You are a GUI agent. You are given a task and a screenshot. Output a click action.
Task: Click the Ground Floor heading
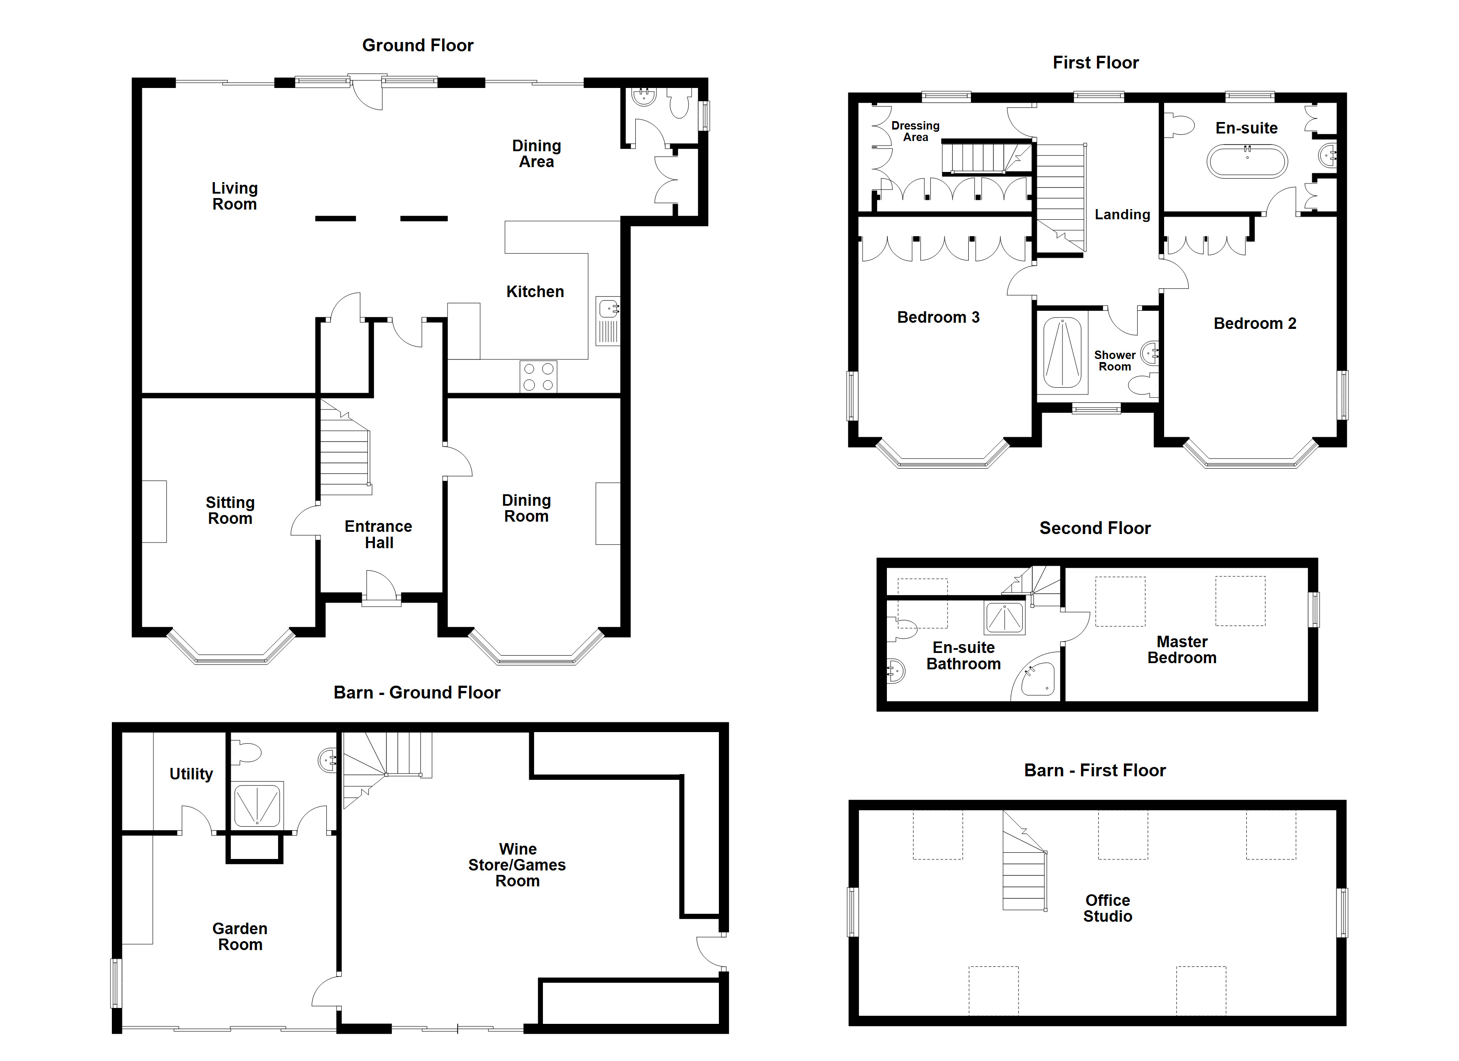(417, 46)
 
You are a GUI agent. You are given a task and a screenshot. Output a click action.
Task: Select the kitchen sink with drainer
(608, 321)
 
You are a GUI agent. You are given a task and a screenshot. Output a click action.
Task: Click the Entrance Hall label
(378, 534)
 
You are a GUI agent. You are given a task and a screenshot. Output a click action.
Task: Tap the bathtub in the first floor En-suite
(1247, 161)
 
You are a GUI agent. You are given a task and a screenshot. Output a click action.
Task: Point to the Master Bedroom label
(1182, 650)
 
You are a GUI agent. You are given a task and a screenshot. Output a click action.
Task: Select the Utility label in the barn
(191, 774)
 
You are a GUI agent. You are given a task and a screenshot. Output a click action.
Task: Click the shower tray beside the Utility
(257, 804)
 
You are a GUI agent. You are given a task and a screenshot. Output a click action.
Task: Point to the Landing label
(1123, 215)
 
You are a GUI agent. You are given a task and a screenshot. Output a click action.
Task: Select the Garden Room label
(240, 937)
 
